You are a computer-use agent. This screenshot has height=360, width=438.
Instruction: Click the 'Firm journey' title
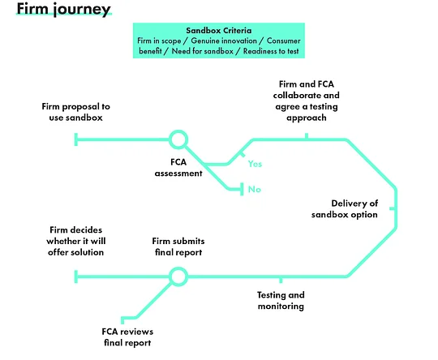point(64,9)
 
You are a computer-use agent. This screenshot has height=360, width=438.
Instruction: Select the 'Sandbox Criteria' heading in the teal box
point(219,31)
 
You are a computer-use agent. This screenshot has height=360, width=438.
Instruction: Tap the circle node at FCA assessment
point(178,139)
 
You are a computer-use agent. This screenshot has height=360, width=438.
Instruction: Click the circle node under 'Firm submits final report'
point(178,276)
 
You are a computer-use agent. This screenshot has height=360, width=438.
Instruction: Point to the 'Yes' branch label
point(255,164)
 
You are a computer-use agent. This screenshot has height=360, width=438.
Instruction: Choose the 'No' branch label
point(255,190)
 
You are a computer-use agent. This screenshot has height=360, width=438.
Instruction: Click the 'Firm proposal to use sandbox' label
point(76,112)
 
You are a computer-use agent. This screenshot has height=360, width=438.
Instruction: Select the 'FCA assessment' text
point(178,168)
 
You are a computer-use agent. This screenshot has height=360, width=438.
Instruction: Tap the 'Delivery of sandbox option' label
point(345,209)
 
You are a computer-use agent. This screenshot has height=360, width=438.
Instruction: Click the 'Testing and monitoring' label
point(281,301)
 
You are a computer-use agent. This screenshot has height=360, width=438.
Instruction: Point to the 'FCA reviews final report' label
point(127,337)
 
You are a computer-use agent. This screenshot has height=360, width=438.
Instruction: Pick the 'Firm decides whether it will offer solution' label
point(76,241)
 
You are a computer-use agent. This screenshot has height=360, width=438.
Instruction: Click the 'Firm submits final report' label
point(178,246)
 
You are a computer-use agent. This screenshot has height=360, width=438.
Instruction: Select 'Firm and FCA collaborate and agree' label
point(307,101)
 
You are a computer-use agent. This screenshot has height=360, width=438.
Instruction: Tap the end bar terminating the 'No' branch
point(242,190)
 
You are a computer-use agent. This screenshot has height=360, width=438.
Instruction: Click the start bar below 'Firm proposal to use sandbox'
point(76,139)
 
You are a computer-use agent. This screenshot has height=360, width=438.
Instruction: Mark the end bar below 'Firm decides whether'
point(76,276)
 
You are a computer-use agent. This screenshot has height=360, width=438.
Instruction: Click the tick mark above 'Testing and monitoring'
point(281,280)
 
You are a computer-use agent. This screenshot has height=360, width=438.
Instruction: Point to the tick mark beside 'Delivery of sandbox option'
point(393,208)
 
